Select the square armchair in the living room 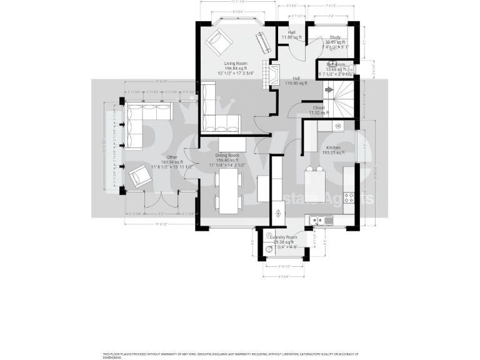pyautogui.click(x=219, y=42)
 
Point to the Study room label pyautogui.click(x=335, y=37)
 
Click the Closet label pyautogui.click(x=319, y=107)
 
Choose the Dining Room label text pyautogui.click(x=227, y=155)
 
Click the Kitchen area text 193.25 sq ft pyautogui.click(x=332, y=152)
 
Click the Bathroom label pyautogui.click(x=336, y=64)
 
